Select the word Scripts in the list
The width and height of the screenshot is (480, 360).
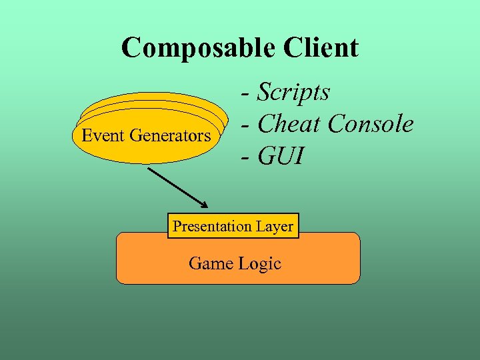point(293,92)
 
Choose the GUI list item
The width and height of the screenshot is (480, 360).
point(281,157)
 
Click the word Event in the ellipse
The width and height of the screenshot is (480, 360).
point(103,136)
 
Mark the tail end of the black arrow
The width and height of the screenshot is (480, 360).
point(149,169)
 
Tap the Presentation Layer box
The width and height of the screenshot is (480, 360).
point(233,226)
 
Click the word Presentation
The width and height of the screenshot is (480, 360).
point(211,226)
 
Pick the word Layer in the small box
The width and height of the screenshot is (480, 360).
point(274,226)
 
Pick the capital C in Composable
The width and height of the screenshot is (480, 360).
point(131,48)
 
